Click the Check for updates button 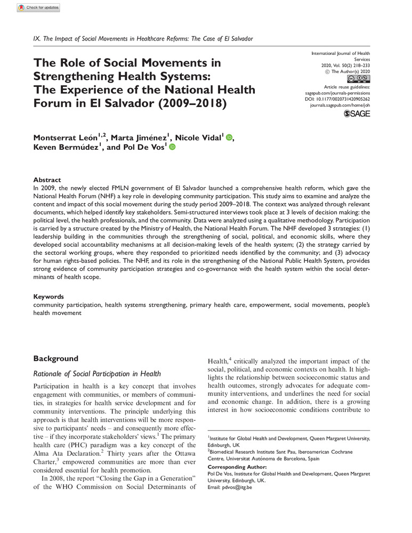pos(39,8)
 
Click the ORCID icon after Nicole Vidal pos(229,138)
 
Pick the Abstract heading pos(47,180)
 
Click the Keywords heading pos(49,296)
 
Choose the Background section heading pos(56,358)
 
